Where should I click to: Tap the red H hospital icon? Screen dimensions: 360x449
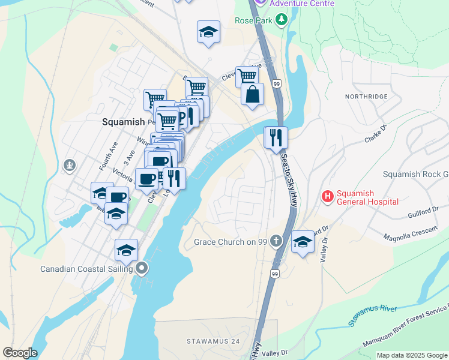pos(328,196)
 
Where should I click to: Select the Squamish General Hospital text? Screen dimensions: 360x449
pos(367,197)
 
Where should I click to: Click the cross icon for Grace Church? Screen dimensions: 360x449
pos(276,242)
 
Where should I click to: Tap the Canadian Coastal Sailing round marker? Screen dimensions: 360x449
pos(142,268)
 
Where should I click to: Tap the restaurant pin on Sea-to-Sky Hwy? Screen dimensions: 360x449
pos(276,138)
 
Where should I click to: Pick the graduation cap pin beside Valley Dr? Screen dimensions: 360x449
pos(303,243)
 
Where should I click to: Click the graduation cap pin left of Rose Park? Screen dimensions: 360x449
pos(208,32)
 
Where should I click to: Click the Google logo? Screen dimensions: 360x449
pos(20,353)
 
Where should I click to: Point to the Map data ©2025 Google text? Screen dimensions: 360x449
pos(412,355)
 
